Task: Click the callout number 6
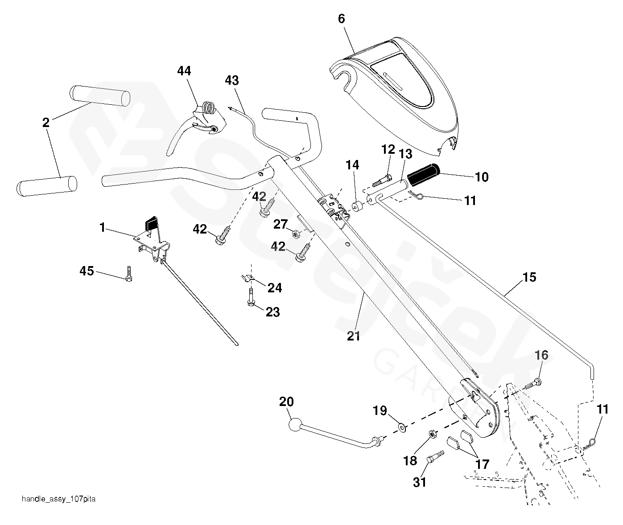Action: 342,19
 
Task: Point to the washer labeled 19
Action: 402,428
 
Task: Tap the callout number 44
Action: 184,71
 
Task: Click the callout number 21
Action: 353,336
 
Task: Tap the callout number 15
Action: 529,277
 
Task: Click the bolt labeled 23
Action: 251,298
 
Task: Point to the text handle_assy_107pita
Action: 58,499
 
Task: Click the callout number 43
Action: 232,81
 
